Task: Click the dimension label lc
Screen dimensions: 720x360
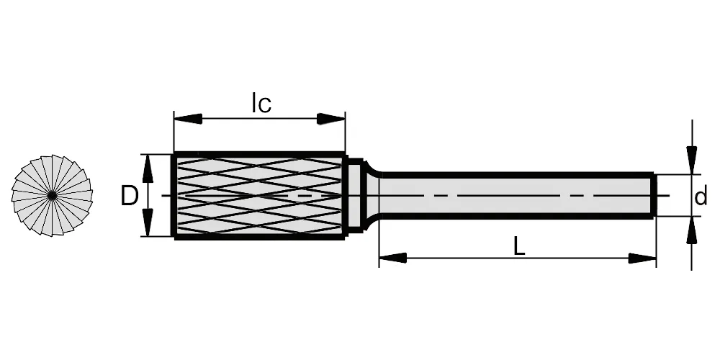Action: [x=262, y=103]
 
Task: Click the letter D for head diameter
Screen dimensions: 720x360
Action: [x=129, y=197]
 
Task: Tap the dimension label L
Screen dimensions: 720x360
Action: [x=519, y=247]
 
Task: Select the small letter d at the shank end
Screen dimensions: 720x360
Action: [x=701, y=197]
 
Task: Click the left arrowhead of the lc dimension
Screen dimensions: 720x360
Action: [x=188, y=119]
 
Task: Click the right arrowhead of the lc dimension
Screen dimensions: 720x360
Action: [x=331, y=119]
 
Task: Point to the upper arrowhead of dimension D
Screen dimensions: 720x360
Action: [x=148, y=168]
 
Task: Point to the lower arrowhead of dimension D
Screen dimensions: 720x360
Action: [x=148, y=222]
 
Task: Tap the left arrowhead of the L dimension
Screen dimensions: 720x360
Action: [x=392, y=258]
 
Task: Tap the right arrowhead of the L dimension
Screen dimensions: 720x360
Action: [x=642, y=258]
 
